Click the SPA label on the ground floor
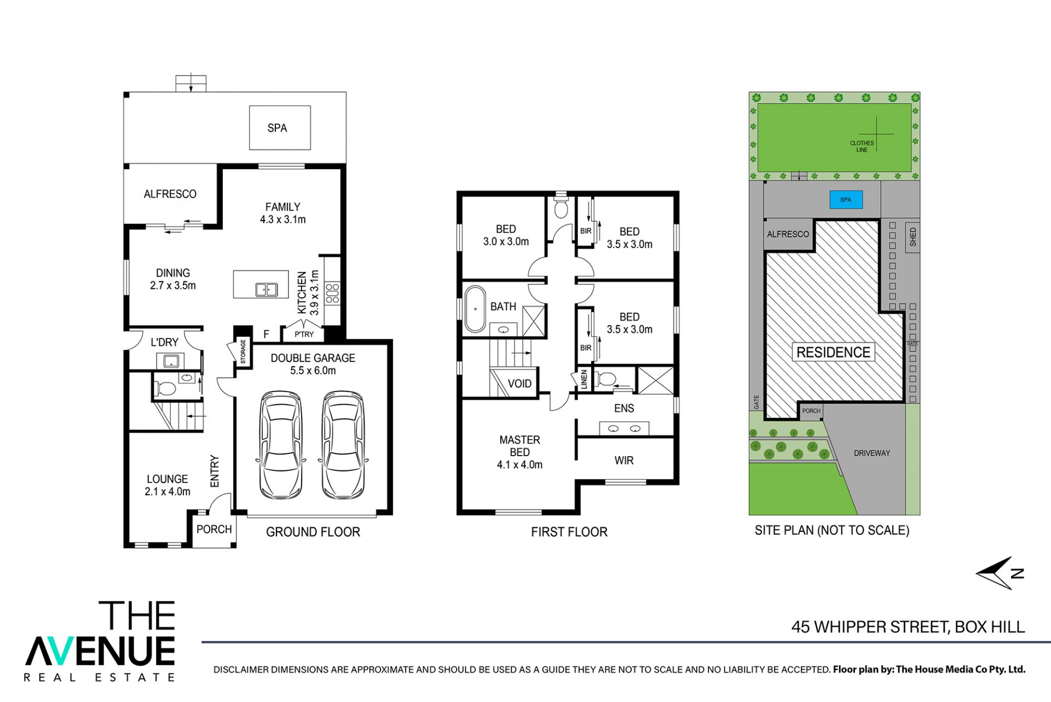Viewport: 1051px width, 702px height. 277,128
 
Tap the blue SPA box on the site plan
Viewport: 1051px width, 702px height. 846,199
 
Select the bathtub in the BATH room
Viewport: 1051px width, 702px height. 475,309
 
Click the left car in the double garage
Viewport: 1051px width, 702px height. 280,445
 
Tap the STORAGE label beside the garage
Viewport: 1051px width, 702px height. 243,352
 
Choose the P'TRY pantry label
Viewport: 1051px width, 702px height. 304,334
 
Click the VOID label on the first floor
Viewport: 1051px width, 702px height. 519,384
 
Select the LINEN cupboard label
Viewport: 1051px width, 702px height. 584,379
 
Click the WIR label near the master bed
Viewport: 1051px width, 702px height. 624,461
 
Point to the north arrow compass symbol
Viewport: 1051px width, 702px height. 1000,573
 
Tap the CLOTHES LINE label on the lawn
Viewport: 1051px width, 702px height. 862,146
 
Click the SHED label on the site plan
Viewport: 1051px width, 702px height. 913,237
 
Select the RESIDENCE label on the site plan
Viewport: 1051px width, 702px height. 833,352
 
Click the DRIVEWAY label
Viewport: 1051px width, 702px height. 872,453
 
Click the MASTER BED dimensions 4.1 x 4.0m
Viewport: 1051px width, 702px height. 519,465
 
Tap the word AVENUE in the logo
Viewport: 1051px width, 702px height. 100,651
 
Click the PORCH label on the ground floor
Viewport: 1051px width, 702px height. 214,530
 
